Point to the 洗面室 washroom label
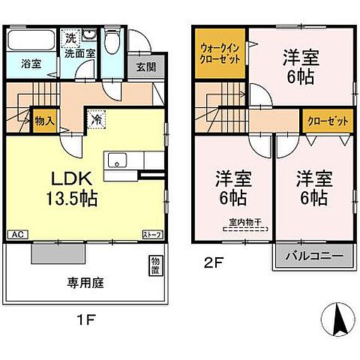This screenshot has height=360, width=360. click(77, 53)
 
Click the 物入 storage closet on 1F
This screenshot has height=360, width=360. click(43, 121)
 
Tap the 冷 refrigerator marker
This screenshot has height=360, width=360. click(97, 118)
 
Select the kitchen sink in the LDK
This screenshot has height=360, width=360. click(118, 160)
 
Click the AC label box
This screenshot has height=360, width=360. click(15, 235)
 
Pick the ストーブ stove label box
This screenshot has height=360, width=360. click(152, 235)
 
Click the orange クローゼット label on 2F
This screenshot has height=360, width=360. click(321, 118)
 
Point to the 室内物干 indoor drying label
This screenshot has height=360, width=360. click(245, 223)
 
